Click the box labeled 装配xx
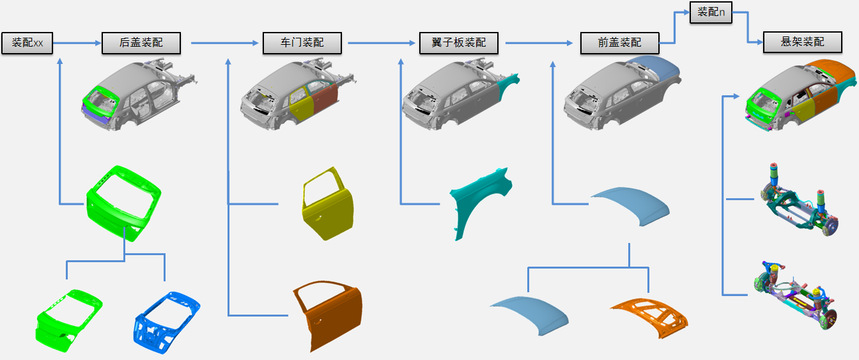point(27,43)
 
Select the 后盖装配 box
point(141,43)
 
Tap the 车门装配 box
point(302,43)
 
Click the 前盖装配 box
point(619,43)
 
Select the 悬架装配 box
point(803,42)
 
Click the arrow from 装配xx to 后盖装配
point(77,43)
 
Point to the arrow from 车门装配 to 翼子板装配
point(381,43)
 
